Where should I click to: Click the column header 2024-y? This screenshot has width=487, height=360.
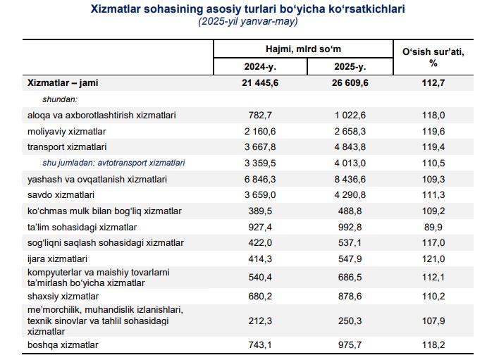[x=260, y=67]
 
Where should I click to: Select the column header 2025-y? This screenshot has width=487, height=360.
[x=350, y=67]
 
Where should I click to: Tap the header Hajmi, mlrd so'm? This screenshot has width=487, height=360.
[x=303, y=49]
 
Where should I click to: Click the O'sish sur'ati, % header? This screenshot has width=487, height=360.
[x=433, y=57]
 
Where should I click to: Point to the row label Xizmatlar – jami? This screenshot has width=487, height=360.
[x=63, y=83]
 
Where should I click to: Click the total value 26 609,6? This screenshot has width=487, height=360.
[x=350, y=83]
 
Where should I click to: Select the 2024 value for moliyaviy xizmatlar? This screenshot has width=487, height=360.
[x=260, y=132]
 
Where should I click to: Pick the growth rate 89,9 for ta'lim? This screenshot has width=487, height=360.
[x=433, y=227]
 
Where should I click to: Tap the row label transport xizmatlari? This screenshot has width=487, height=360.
[x=67, y=147]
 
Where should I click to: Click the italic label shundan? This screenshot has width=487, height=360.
[x=60, y=99]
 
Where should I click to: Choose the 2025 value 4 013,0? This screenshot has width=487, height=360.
[x=350, y=163]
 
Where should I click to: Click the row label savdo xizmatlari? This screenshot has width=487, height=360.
[x=61, y=195]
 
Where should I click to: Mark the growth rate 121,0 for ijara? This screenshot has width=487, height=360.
[x=433, y=259]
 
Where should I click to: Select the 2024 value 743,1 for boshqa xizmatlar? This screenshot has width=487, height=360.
[x=260, y=345]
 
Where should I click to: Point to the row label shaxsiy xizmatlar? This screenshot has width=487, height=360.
[x=63, y=297]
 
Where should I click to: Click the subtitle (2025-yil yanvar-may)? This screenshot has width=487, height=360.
[x=248, y=21]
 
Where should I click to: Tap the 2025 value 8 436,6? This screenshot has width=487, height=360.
[x=350, y=180]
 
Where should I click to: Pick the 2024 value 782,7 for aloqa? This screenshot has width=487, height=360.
[x=260, y=115]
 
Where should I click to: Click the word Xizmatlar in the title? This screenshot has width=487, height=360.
[x=116, y=8]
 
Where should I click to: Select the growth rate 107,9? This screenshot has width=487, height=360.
[x=433, y=321]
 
